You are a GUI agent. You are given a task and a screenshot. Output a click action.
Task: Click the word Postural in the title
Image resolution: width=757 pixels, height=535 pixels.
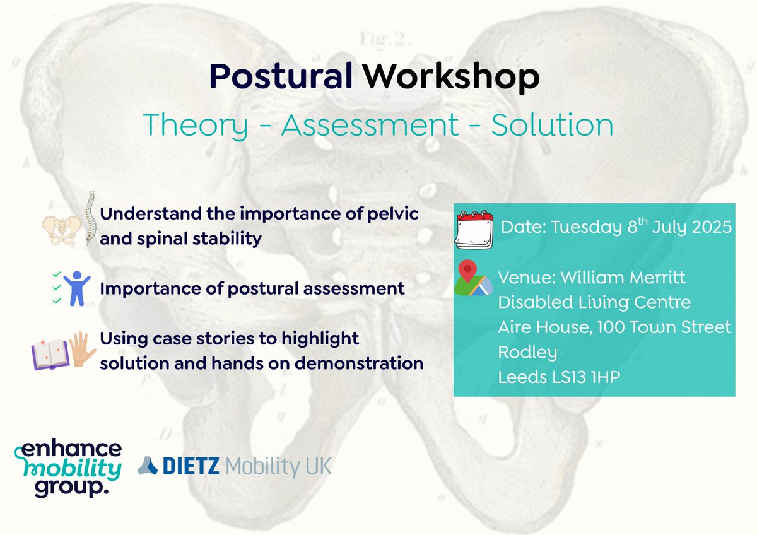click(x=281, y=78)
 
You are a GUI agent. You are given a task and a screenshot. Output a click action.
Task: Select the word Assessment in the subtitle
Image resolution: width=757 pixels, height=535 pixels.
click(x=370, y=126)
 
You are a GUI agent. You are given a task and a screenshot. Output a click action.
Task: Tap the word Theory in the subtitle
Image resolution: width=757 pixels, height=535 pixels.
click(x=196, y=126)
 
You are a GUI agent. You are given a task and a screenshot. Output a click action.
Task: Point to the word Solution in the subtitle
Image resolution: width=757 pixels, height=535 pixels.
click(x=553, y=126)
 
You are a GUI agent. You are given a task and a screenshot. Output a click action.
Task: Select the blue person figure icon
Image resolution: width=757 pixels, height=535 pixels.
click(x=78, y=288)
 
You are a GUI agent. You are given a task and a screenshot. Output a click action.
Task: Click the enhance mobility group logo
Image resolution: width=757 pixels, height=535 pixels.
click(x=67, y=469)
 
